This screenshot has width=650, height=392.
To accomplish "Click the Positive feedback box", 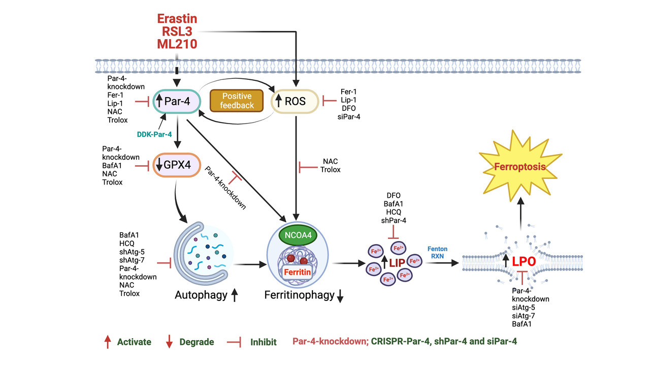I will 237,101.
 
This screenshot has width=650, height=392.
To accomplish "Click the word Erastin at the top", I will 177,19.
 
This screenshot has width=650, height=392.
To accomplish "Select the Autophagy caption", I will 201,295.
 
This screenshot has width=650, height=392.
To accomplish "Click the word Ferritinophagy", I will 298,295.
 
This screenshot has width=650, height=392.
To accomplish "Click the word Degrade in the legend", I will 197,342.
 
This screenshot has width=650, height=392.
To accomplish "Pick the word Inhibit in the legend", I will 263,342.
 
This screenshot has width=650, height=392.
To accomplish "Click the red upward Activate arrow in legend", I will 107,342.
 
